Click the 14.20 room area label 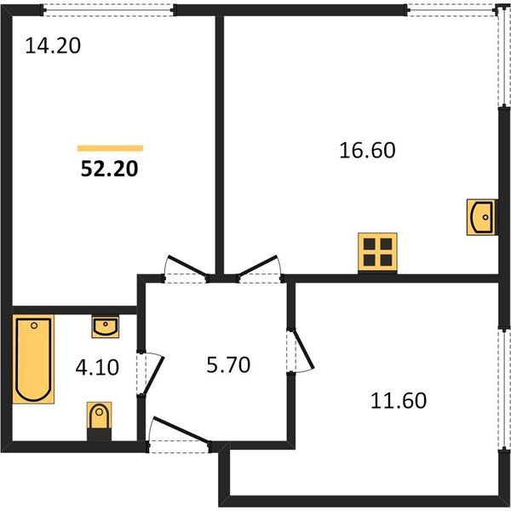[53, 46]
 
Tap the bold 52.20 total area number [110, 169]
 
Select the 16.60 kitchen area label [367, 150]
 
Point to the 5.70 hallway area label [228, 365]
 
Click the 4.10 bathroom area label [97, 367]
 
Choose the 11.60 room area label [399, 400]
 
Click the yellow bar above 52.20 [110, 148]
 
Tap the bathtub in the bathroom [33, 359]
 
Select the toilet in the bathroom [99, 416]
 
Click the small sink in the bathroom [106, 326]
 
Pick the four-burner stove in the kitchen [377, 252]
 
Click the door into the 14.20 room [187, 268]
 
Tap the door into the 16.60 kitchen [259, 268]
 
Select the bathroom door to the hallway [150, 374]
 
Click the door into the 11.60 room [301, 351]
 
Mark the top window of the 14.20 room [108, 9]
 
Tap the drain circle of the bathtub [34, 325]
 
